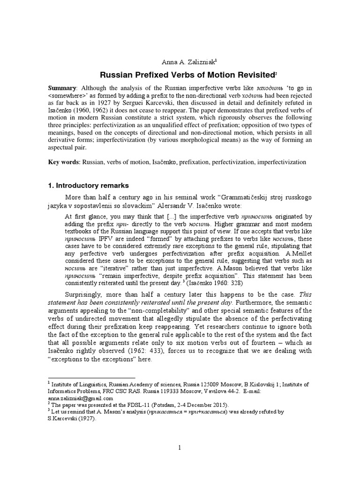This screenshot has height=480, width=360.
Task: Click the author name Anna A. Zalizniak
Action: click(180, 60)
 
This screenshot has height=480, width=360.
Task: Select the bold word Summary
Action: click(63, 89)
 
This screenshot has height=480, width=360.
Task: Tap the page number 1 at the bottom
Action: click(180, 448)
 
